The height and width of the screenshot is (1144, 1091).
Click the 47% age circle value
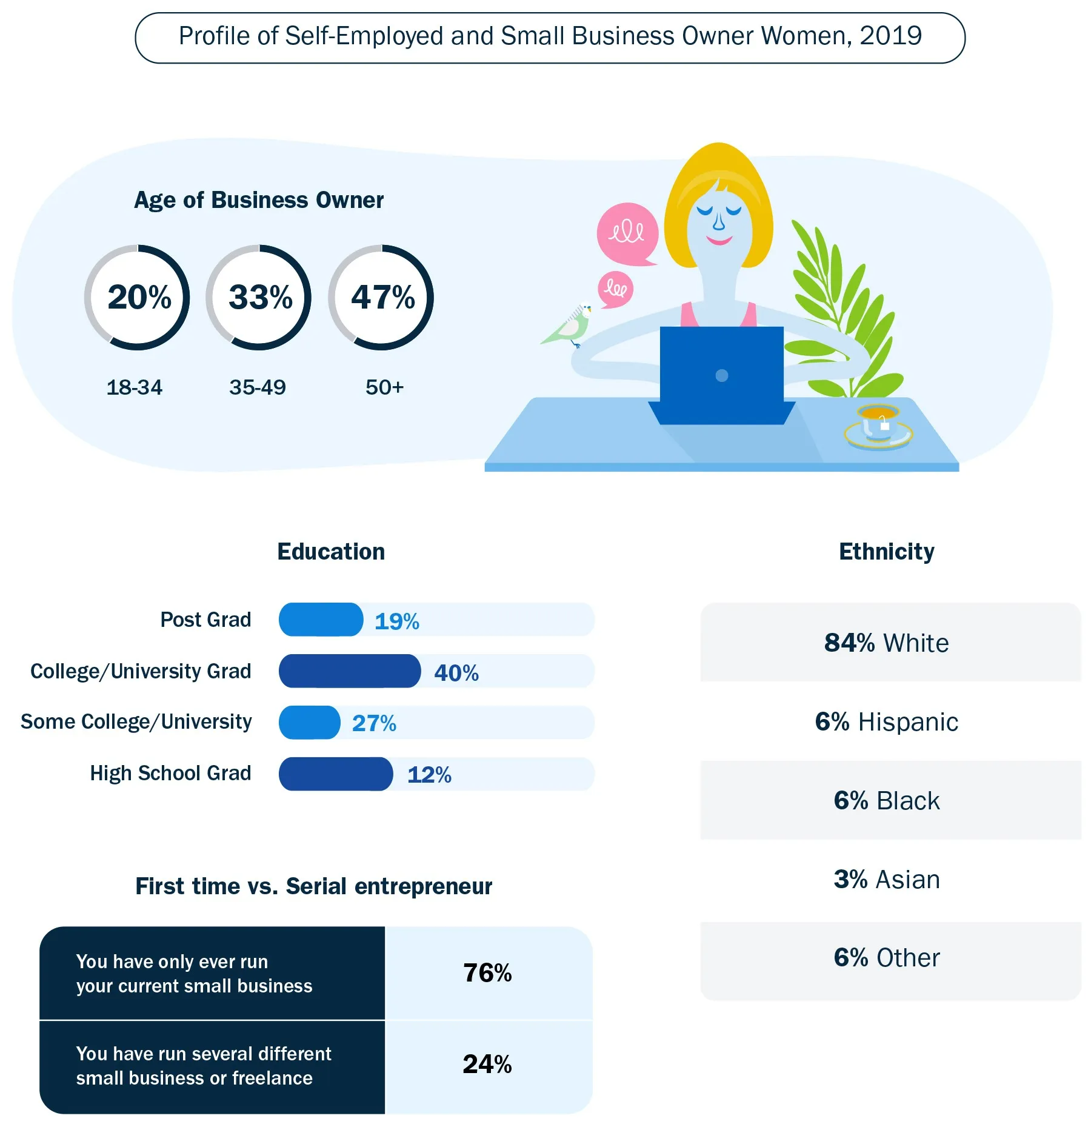click(x=382, y=297)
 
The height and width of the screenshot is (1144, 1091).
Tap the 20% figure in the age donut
click(x=139, y=297)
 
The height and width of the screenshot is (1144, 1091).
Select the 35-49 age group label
click(x=258, y=387)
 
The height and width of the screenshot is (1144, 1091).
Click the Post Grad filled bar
click(x=321, y=620)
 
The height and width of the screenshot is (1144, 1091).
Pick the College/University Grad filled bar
click(x=349, y=671)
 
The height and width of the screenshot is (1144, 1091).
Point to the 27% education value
click(x=374, y=723)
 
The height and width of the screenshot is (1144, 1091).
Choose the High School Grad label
click(x=170, y=773)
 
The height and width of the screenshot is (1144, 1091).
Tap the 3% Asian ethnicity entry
click(x=886, y=879)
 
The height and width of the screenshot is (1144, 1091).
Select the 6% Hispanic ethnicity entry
click(x=886, y=721)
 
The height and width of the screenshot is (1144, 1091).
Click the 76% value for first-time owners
click(x=487, y=973)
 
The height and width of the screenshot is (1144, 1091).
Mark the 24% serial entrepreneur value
click(x=487, y=1064)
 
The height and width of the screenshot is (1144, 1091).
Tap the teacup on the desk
click(x=878, y=424)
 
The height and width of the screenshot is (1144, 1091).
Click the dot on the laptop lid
click(x=721, y=375)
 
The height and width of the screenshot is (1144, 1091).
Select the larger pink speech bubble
click(x=627, y=233)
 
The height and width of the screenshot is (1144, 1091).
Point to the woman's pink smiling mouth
click(x=719, y=241)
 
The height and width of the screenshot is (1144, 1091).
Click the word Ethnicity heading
click(x=886, y=552)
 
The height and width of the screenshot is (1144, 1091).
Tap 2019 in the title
click(x=890, y=36)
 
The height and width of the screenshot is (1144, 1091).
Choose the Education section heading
click(x=331, y=552)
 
